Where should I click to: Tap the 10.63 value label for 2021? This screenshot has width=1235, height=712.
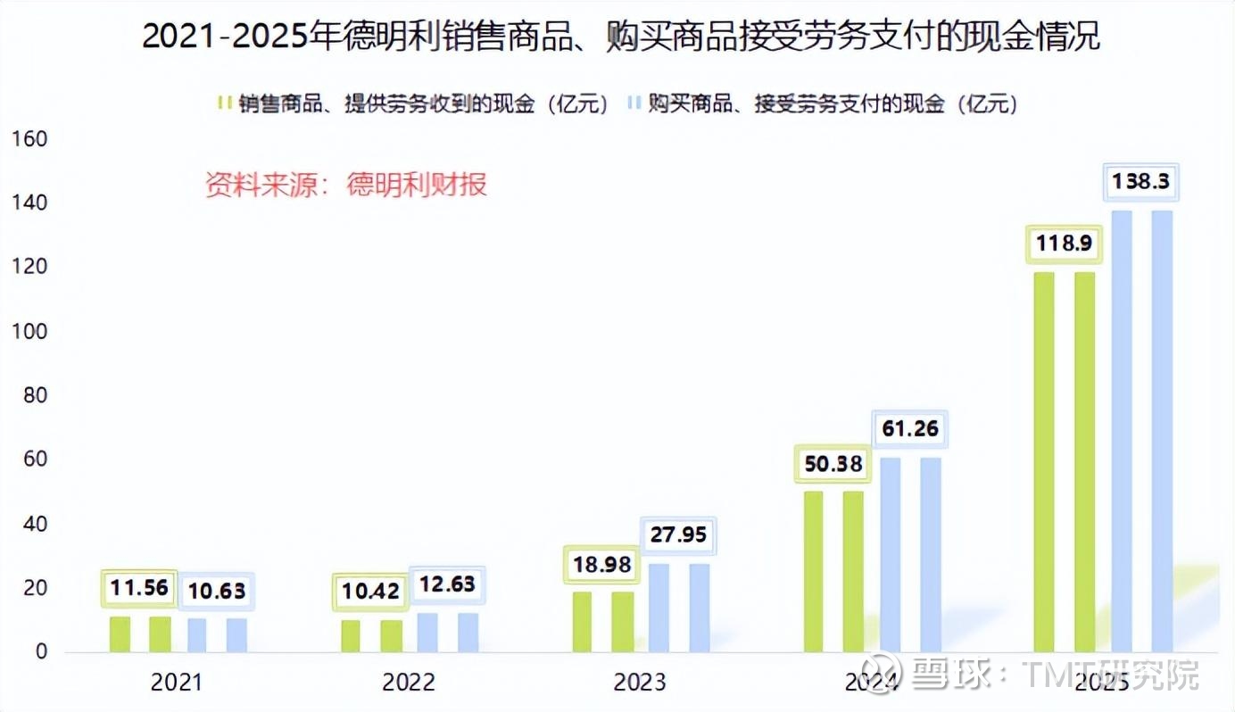coord(216,590)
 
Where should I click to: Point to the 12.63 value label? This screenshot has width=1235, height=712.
coord(447,585)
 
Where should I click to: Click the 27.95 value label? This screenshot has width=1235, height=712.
coord(678,536)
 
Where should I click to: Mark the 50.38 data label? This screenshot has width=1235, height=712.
coord(832,464)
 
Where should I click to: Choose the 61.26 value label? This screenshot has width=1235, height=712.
coord(909,429)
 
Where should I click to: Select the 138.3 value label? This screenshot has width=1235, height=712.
coord(1140,182)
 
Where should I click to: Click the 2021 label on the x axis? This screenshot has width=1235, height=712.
coord(177,683)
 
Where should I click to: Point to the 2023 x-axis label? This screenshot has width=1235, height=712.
coord(640,683)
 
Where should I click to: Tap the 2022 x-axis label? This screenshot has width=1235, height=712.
coord(409,683)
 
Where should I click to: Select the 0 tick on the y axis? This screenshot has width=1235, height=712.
coord(40,652)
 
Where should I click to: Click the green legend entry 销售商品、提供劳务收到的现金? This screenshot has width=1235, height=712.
coord(415,104)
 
